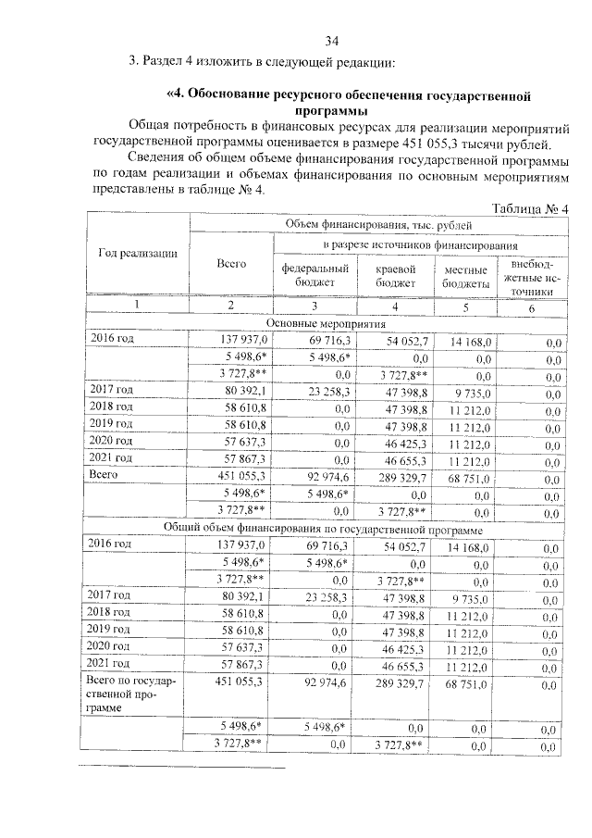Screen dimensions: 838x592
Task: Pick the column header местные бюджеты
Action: click(465, 275)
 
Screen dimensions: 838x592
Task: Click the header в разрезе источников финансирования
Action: click(419, 245)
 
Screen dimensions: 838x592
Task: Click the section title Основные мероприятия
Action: click(326, 323)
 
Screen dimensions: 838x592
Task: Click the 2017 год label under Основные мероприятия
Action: click(112, 390)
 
